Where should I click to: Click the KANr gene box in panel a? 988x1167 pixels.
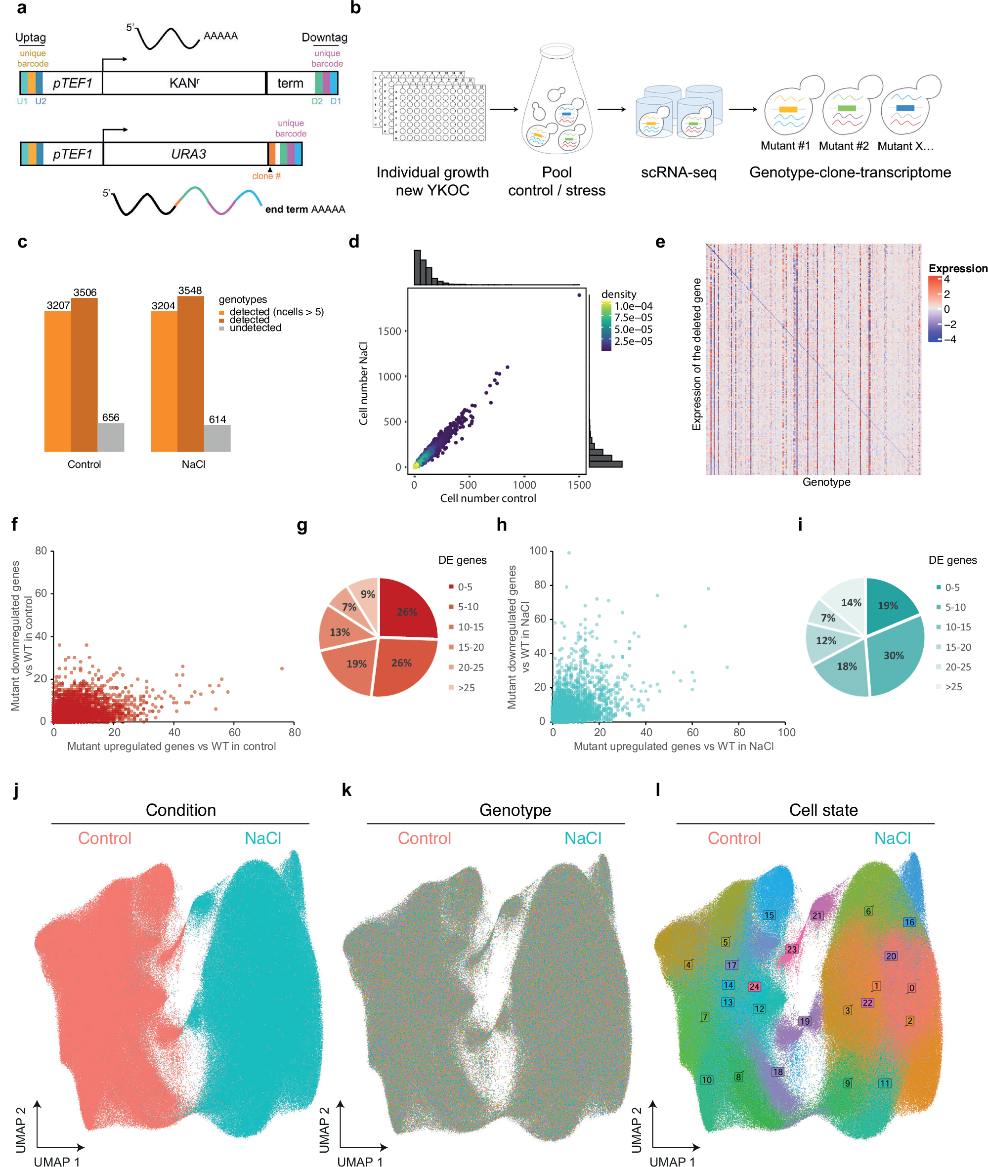tap(184, 83)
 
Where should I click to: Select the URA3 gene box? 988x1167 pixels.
tap(188, 154)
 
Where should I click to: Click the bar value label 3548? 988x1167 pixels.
tap(190, 290)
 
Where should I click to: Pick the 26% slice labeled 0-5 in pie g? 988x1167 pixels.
tap(407, 612)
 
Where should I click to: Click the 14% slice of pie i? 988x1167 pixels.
tap(851, 603)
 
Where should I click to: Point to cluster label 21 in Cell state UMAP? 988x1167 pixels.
tap(817, 916)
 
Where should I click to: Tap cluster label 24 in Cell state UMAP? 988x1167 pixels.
tap(754, 987)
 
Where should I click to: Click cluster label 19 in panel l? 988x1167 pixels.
tap(805, 1021)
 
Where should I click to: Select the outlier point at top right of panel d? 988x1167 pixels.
tap(579, 294)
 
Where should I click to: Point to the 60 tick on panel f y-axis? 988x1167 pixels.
tap(41, 593)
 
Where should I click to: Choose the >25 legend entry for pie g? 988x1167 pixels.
tap(466, 688)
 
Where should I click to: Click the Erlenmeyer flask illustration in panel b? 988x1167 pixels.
tap(557, 101)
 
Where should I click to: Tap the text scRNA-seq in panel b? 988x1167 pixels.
tap(678, 172)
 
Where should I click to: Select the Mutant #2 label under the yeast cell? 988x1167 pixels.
tap(844, 146)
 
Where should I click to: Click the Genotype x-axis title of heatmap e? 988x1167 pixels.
tap(826, 482)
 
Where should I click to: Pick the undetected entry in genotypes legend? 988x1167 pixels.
tap(255, 328)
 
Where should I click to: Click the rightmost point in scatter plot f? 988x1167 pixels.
tap(282, 668)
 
